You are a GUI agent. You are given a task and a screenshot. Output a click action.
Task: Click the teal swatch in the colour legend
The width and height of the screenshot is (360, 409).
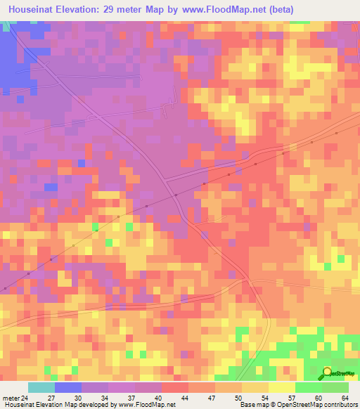[41, 387]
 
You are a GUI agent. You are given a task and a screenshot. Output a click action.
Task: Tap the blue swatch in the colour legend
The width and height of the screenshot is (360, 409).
[68, 387]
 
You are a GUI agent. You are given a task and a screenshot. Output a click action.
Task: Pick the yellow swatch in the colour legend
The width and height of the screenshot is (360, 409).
[281, 387]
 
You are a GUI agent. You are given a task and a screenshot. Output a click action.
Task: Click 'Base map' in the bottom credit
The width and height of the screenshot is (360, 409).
[252, 404]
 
